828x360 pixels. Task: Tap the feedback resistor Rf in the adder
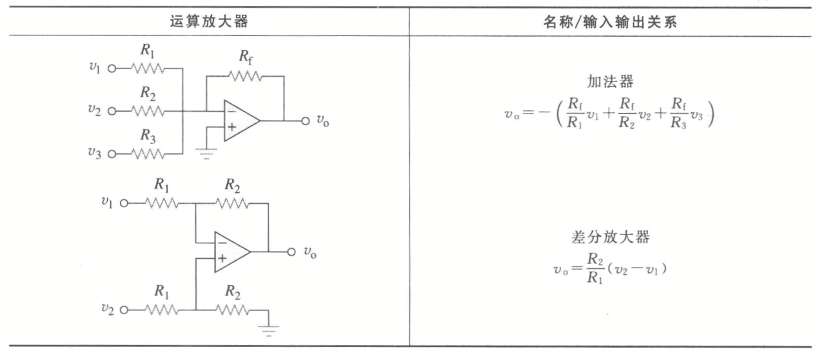pyautogui.click(x=245, y=77)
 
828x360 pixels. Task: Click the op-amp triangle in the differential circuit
pyautogui.click(x=230, y=250)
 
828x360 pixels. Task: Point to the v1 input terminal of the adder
pyautogui.click(x=111, y=68)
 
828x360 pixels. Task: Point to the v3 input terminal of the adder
pyautogui.click(x=111, y=154)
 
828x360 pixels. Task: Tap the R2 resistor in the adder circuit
pyautogui.click(x=148, y=110)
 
